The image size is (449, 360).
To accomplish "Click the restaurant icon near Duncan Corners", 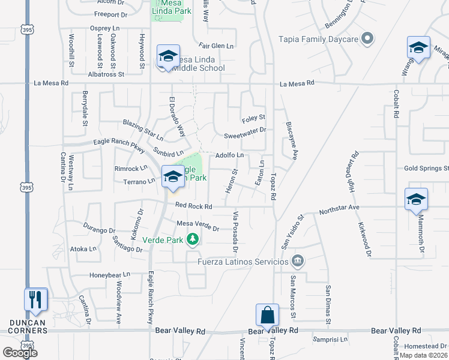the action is click(x=36, y=299).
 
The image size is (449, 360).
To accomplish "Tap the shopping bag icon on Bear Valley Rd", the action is click(x=267, y=314).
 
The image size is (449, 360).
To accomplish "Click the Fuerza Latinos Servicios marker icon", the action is click(x=297, y=261).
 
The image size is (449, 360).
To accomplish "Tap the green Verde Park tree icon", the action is click(x=192, y=239).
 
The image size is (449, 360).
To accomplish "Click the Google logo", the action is click(x=20, y=352).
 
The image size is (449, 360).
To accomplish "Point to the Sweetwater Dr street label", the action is click(x=244, y=129).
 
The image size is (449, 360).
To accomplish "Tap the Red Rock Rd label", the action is click(x=194, y=206).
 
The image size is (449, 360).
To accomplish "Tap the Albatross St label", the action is click(x=105, y=74).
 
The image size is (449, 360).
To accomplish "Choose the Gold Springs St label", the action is click(x=423, y=169).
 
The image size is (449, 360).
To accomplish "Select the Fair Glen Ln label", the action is click(x=216, y=46).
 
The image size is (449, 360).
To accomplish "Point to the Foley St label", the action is click(x=253, y=117).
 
